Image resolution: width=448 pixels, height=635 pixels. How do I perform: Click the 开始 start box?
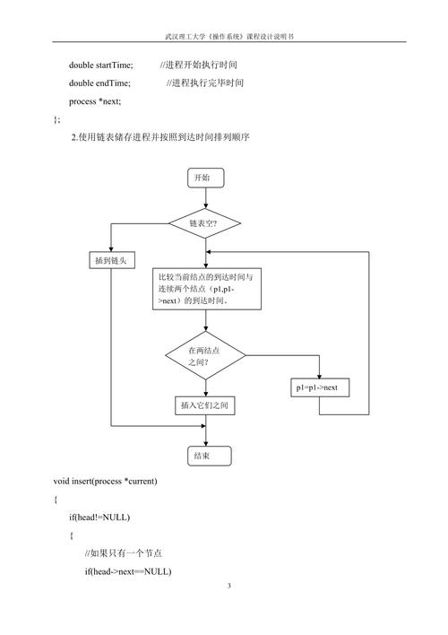coord(205,178)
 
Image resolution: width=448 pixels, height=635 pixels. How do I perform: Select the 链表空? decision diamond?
coord(205,223)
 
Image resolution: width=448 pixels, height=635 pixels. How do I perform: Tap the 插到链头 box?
coord(112,260)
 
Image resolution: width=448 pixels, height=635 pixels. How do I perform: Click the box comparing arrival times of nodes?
coord(207,289)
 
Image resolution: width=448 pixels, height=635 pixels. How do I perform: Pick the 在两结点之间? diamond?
coord(205,355)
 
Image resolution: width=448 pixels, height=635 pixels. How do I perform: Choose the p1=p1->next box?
coord(320,387)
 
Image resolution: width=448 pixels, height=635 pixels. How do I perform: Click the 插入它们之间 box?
coord(205,405)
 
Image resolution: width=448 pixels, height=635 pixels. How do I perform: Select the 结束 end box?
coord(210,456)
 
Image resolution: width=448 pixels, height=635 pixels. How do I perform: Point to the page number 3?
coord(229,585)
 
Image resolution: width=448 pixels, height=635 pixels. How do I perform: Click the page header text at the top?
coord(229,36)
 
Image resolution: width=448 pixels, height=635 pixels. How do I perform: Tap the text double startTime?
coord(100,65)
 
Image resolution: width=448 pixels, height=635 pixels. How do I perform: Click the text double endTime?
coord(99,83)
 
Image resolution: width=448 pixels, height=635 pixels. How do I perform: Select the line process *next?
coord(95,101)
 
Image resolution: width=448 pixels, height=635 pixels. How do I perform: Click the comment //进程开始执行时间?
coord(198,65)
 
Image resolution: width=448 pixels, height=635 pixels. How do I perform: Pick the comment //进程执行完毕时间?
coord(205,83)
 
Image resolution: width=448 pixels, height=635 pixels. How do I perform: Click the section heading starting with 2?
coord(160,137)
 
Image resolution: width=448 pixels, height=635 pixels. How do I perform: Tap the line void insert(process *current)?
coord(105,481)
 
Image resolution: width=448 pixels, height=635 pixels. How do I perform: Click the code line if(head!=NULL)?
coord(99,518)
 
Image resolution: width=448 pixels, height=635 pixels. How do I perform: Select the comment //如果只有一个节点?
coord(124,553)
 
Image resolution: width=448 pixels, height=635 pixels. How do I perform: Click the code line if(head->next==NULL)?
coord(128,571)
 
